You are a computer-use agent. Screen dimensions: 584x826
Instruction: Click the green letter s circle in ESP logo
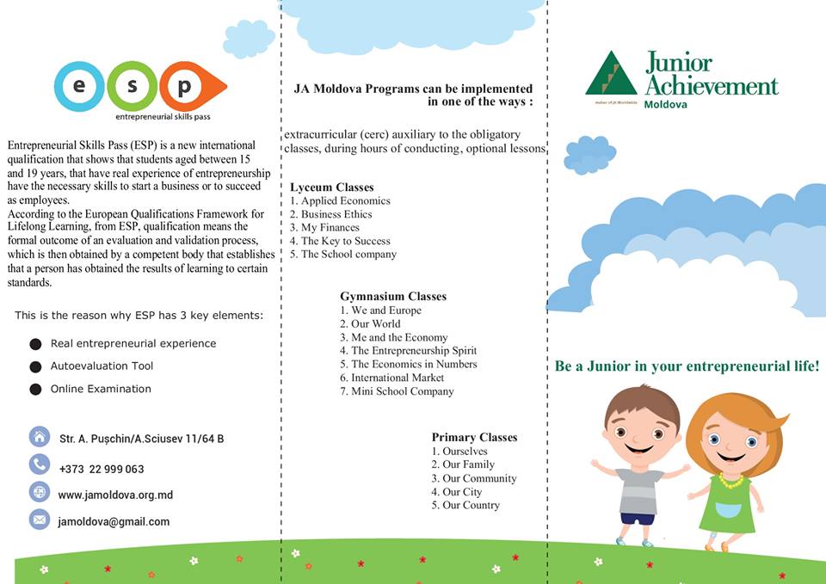coord(133,86)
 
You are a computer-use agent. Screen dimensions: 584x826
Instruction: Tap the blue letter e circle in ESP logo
coord(79,86)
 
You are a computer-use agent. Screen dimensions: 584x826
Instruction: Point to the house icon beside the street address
coord(40,437)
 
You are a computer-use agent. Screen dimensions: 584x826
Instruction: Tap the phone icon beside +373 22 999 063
coord(40,465)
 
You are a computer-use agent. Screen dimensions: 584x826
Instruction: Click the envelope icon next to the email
coord(40,519)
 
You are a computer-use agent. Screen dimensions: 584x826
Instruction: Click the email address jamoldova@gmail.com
coord(114,521)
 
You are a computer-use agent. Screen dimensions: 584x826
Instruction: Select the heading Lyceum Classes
coord(332,187)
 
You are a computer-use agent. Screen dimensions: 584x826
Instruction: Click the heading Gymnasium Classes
coord(393,297)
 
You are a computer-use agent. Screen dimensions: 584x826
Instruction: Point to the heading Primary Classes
coord(474,438)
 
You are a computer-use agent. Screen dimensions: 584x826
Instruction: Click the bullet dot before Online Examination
coord(35,390)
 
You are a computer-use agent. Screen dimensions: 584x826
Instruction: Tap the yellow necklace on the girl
coord(730,481)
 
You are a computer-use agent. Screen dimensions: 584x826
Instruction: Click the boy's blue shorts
coord(638,518)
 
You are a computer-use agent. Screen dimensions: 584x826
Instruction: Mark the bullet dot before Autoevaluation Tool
coord(35,366)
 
